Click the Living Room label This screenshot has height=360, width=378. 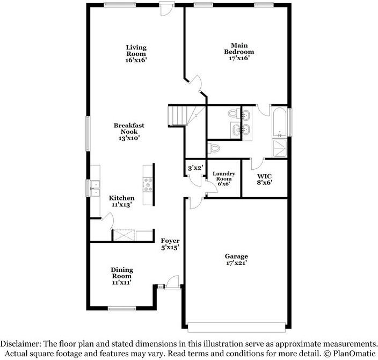click(136, 54)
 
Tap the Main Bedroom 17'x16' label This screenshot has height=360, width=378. click(239, 52)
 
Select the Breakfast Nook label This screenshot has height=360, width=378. click(128, 132)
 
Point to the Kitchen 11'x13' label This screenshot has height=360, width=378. click(122, 201)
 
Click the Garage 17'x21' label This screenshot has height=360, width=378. click(236, 260)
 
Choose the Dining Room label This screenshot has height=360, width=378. click(122, 276)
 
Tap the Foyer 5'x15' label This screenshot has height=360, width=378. click(171, 244)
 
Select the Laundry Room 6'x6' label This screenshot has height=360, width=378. click(224, 178)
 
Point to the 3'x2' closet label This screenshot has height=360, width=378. click(194, 168)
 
